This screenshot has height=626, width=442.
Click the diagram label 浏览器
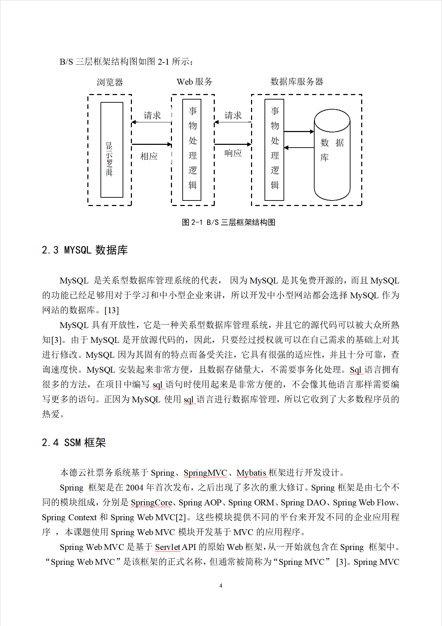[110, 82]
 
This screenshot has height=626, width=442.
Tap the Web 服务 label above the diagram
[194, 82]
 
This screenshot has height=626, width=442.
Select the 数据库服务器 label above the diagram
[297, 82]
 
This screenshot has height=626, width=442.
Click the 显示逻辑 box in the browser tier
[112, 150]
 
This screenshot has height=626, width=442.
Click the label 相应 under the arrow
[149, 156]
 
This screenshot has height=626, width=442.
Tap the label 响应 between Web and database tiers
[233, 153]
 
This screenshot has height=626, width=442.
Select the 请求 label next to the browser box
[152, 115]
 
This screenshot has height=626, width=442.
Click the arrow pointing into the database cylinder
[299, 132]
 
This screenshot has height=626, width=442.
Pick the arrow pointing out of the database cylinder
[299, 148]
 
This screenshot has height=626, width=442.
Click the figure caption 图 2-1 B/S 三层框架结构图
[229, 222]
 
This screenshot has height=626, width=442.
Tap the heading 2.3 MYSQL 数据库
[85, 250]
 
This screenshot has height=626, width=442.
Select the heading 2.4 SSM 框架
[74, 442]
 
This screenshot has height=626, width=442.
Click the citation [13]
[112, 310]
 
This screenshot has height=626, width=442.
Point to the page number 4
[221, 586]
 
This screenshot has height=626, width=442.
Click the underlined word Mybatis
[251, 473]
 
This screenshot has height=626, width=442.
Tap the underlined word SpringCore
[151, 503]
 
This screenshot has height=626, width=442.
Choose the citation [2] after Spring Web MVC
[181, 517]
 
